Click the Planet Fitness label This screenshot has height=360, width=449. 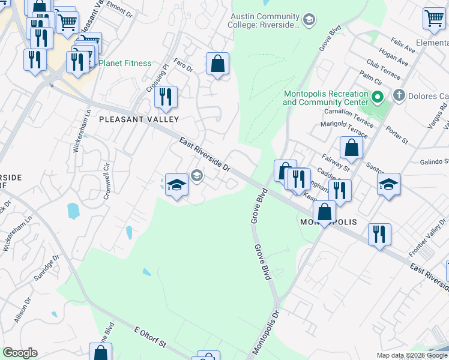coord(125,63)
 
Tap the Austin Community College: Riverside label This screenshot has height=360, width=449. coord(263,21)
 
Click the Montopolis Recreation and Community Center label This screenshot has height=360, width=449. coord(325,98)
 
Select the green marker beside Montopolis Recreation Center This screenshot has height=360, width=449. coord(378,96)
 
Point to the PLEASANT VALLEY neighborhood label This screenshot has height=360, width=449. coord(139,119)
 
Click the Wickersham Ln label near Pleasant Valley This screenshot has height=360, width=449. coord(77,130)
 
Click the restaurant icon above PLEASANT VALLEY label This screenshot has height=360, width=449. coord(166,97)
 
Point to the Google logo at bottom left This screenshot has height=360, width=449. coord(20,353)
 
